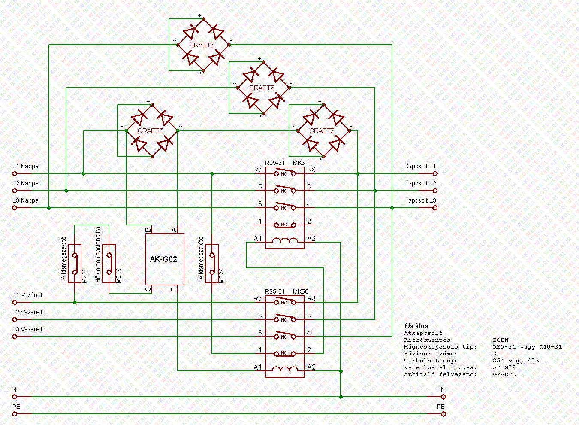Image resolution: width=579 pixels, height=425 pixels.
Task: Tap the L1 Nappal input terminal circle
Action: [15, 174]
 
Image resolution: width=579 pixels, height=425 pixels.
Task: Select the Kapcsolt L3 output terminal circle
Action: [435, 208]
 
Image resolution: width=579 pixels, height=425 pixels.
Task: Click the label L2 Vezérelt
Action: [27, 312]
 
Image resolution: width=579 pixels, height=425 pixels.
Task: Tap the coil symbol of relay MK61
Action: [285, 240]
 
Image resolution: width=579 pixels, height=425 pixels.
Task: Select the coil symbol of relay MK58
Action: [285, 369]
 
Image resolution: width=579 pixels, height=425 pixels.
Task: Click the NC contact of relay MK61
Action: [285, 225]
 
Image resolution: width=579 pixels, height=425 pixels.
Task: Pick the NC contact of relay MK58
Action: [285, 353]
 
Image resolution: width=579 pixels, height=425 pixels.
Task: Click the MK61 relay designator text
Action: [300, 163]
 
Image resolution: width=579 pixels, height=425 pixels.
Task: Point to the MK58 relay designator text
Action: [300, 292]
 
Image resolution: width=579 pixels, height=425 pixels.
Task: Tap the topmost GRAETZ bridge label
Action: [202, 45]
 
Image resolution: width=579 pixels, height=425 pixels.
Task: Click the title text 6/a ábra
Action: [416, 326]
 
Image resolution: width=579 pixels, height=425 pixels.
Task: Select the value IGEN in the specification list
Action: [501, 340]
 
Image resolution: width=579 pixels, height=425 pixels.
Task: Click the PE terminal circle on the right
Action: [443, 414]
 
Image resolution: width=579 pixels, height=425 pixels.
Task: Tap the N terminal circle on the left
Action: [15, 397]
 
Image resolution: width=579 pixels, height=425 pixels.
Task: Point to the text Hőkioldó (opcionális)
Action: [98, 255]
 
